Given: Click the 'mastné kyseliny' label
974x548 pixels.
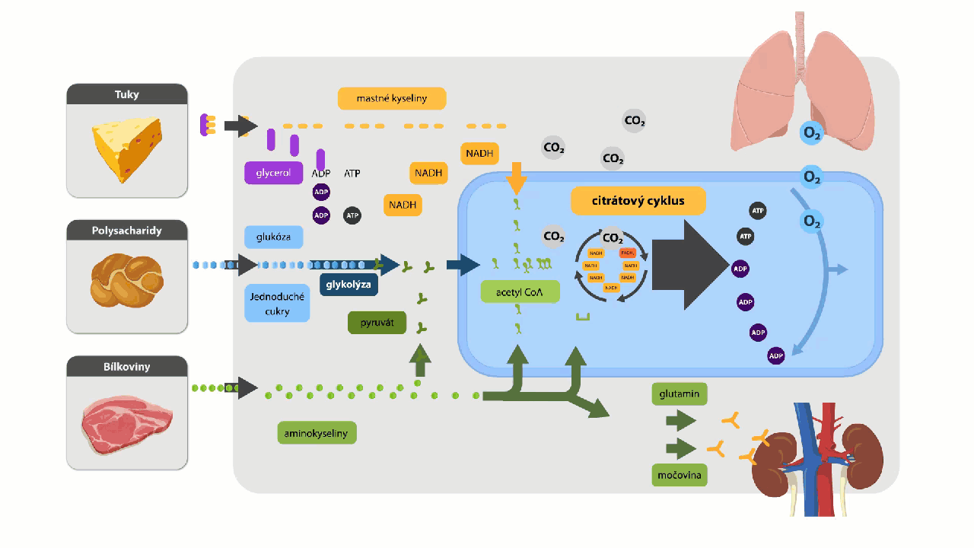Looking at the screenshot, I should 391,98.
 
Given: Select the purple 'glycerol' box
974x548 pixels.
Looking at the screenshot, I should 273,173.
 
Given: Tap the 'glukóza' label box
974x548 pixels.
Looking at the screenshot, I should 273,237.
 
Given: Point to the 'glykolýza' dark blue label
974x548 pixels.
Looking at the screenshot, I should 349,285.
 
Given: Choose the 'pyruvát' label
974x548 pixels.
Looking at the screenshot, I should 376,323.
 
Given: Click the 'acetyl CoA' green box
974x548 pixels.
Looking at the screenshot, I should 520,292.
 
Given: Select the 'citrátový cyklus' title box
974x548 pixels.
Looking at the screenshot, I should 638,202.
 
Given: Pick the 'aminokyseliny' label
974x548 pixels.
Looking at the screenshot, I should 316,433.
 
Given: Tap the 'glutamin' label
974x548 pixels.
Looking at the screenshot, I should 680,394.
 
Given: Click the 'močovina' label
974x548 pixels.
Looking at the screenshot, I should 680,476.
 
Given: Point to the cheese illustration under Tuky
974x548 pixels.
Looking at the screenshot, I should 127,149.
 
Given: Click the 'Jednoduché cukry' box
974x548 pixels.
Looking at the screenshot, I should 277,304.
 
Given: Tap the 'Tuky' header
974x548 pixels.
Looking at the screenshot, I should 127,94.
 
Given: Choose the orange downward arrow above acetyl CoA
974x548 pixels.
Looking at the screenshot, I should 516,177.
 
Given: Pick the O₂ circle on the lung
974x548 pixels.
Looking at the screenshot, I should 812,134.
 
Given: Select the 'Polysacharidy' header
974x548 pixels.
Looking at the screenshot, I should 127,230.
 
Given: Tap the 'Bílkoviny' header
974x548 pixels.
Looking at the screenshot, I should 127,366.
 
